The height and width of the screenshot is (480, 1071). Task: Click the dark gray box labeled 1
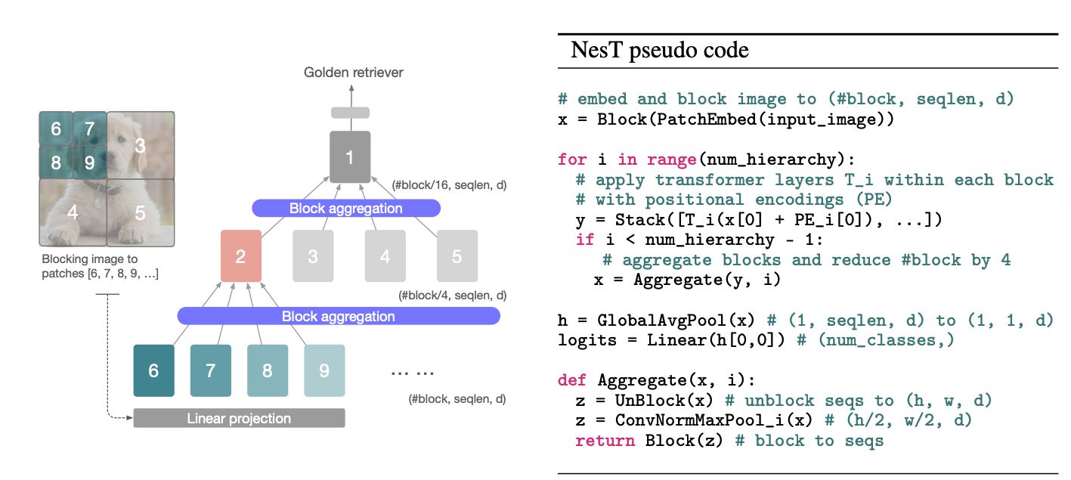[350, 156]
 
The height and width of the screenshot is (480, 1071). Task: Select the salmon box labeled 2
[240, 256]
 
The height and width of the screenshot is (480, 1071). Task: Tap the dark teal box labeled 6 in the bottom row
[153, 370]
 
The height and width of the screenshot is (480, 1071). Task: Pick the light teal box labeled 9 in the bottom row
[324, 370]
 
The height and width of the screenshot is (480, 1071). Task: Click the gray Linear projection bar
[239, 418]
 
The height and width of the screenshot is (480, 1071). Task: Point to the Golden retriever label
[353, 73]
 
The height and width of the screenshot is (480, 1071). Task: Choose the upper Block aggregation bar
[345, 208]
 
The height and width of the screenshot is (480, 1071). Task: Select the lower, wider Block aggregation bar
[338, 316]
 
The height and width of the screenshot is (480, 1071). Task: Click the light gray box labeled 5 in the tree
[457, 256]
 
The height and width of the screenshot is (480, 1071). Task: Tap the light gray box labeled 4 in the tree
[385, 256]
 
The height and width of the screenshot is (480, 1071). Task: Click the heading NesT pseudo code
[659, 51]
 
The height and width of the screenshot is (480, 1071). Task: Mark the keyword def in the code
[572, 379]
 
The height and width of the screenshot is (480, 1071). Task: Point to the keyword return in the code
[605, 441]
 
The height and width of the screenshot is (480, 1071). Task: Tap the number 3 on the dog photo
[140, 145]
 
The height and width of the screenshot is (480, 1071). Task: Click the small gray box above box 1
[350, 113]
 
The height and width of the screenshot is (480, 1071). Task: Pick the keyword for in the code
[572, 159]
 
